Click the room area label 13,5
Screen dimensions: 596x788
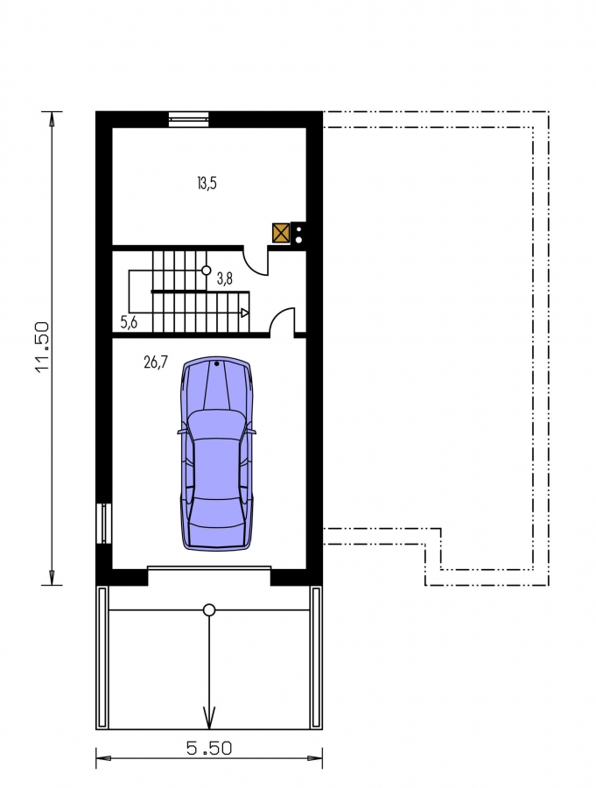[207, 184]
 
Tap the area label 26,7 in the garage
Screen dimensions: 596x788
[156, 362]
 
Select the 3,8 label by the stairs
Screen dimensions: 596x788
[225, 279]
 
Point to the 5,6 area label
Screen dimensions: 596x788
[129, 322]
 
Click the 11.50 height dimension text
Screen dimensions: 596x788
[43, 347]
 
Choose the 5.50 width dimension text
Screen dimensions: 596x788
[209, 749]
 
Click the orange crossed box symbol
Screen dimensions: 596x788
[281, 233]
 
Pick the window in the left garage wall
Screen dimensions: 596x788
[104, 524]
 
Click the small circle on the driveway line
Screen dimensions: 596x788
[209, 610]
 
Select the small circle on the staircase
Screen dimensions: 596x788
[206, 271]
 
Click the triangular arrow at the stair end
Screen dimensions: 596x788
[245, 313]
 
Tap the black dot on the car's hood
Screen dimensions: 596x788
[216, 363]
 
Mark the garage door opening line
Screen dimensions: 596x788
[209, 568]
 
